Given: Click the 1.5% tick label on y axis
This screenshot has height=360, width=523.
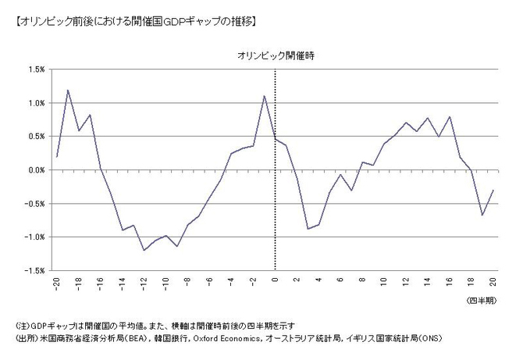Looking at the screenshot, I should [34, 70].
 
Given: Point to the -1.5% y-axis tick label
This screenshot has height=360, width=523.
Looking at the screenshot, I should [33, 270].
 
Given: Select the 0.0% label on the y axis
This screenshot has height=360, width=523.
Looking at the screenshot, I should [34, 170].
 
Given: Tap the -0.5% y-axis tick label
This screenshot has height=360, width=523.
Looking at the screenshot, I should [33, 204].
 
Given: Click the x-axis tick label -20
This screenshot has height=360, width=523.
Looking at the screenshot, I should [57, 283].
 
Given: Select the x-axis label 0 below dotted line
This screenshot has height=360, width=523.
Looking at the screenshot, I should [275, 280].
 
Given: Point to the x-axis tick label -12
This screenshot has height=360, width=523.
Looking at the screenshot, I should [144, 283].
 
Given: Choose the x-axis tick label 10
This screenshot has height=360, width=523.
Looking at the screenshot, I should [383, 281].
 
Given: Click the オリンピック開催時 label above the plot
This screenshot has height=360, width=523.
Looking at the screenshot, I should [276, 55].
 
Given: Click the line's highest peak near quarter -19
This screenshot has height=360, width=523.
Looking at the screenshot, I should [68, 90].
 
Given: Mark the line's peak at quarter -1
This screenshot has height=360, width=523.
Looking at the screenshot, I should [264, 96].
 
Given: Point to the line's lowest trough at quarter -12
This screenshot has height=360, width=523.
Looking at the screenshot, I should [144, 250].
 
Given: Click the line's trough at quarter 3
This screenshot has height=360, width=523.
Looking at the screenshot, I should [308, 229].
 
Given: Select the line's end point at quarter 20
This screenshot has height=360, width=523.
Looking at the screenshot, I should [493, 191].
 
